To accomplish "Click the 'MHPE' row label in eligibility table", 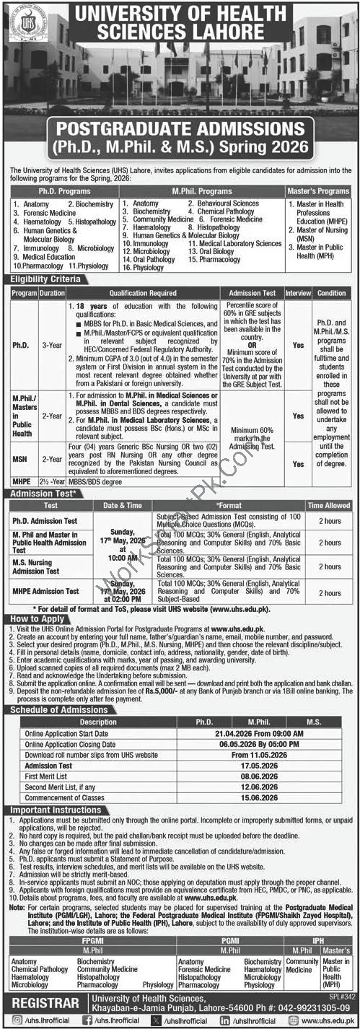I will (x=21, y=480).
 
